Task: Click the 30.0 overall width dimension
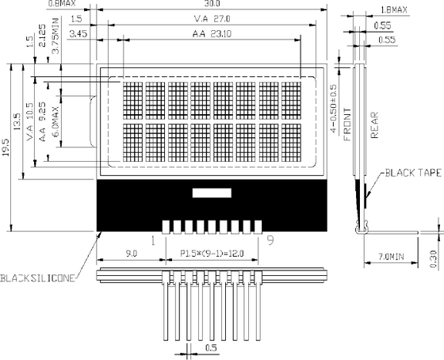tap(213, 3)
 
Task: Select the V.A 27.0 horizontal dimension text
tap(212, 19)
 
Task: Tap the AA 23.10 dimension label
tap(212, 34)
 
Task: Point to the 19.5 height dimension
tap(6, 147)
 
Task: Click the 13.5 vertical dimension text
tap(17, 122)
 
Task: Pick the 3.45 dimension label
tap(78, 34)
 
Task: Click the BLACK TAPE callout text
tap(413, 173)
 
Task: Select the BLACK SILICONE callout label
tap(38, 278)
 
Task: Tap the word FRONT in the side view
tap(347, 124)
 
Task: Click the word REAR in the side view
tap(374, 125)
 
